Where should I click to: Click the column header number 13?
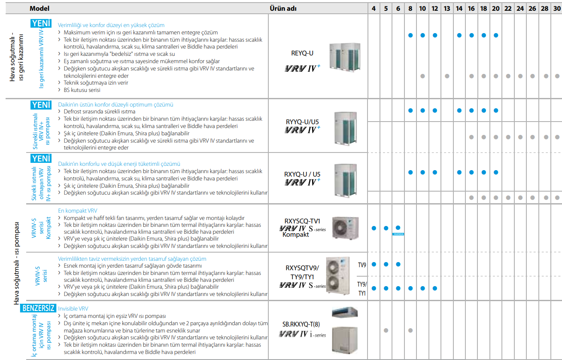click(447, 9)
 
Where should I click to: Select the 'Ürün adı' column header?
click(283, 9)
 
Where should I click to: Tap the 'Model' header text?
click(39, 9)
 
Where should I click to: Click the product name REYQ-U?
click(302, 53)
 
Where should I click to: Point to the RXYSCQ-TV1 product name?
click(302, 221)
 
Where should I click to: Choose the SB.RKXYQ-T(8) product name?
click(301, 324)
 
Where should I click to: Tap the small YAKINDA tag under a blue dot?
click(398, 234)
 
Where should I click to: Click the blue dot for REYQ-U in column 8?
click(410, 36)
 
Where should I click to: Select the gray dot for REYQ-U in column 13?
click(447, 76)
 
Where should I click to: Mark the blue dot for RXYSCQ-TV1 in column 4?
click(374, 228)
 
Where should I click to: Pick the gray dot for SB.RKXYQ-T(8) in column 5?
click(386, 330)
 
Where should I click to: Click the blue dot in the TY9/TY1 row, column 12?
click(435, 288)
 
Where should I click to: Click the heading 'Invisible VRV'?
click(73, 308)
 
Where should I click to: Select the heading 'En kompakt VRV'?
click(78, 211)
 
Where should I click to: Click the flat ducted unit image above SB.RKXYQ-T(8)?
click(345, 312)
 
